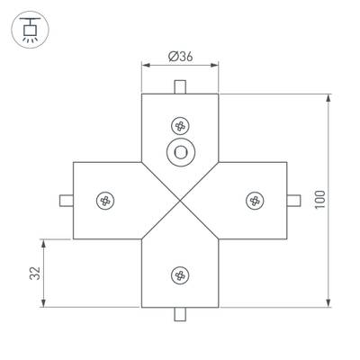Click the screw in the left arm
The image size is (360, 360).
[x=106, y=200]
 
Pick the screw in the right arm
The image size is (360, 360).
[x=255, y=200]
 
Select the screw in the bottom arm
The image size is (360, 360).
[x=180, y=274]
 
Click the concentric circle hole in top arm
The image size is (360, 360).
[x=181, y=152]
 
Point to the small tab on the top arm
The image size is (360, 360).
[x=180, y=86]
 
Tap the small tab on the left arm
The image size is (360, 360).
[x=65, y=200]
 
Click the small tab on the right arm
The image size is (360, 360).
[x=294, y=200]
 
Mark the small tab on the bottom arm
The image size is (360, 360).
[x=180, y=314]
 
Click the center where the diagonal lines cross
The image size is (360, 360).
[x=180, y=200]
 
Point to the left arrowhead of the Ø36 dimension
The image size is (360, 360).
[x=145, y=66]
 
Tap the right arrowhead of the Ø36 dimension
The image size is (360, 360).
[x=216, y=66]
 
